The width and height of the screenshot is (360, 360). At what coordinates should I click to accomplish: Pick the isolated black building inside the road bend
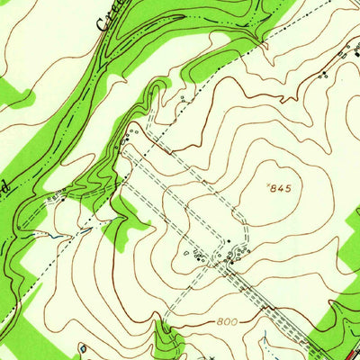[229, 241]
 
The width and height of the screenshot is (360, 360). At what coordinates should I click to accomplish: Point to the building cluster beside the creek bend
[135, 135]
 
